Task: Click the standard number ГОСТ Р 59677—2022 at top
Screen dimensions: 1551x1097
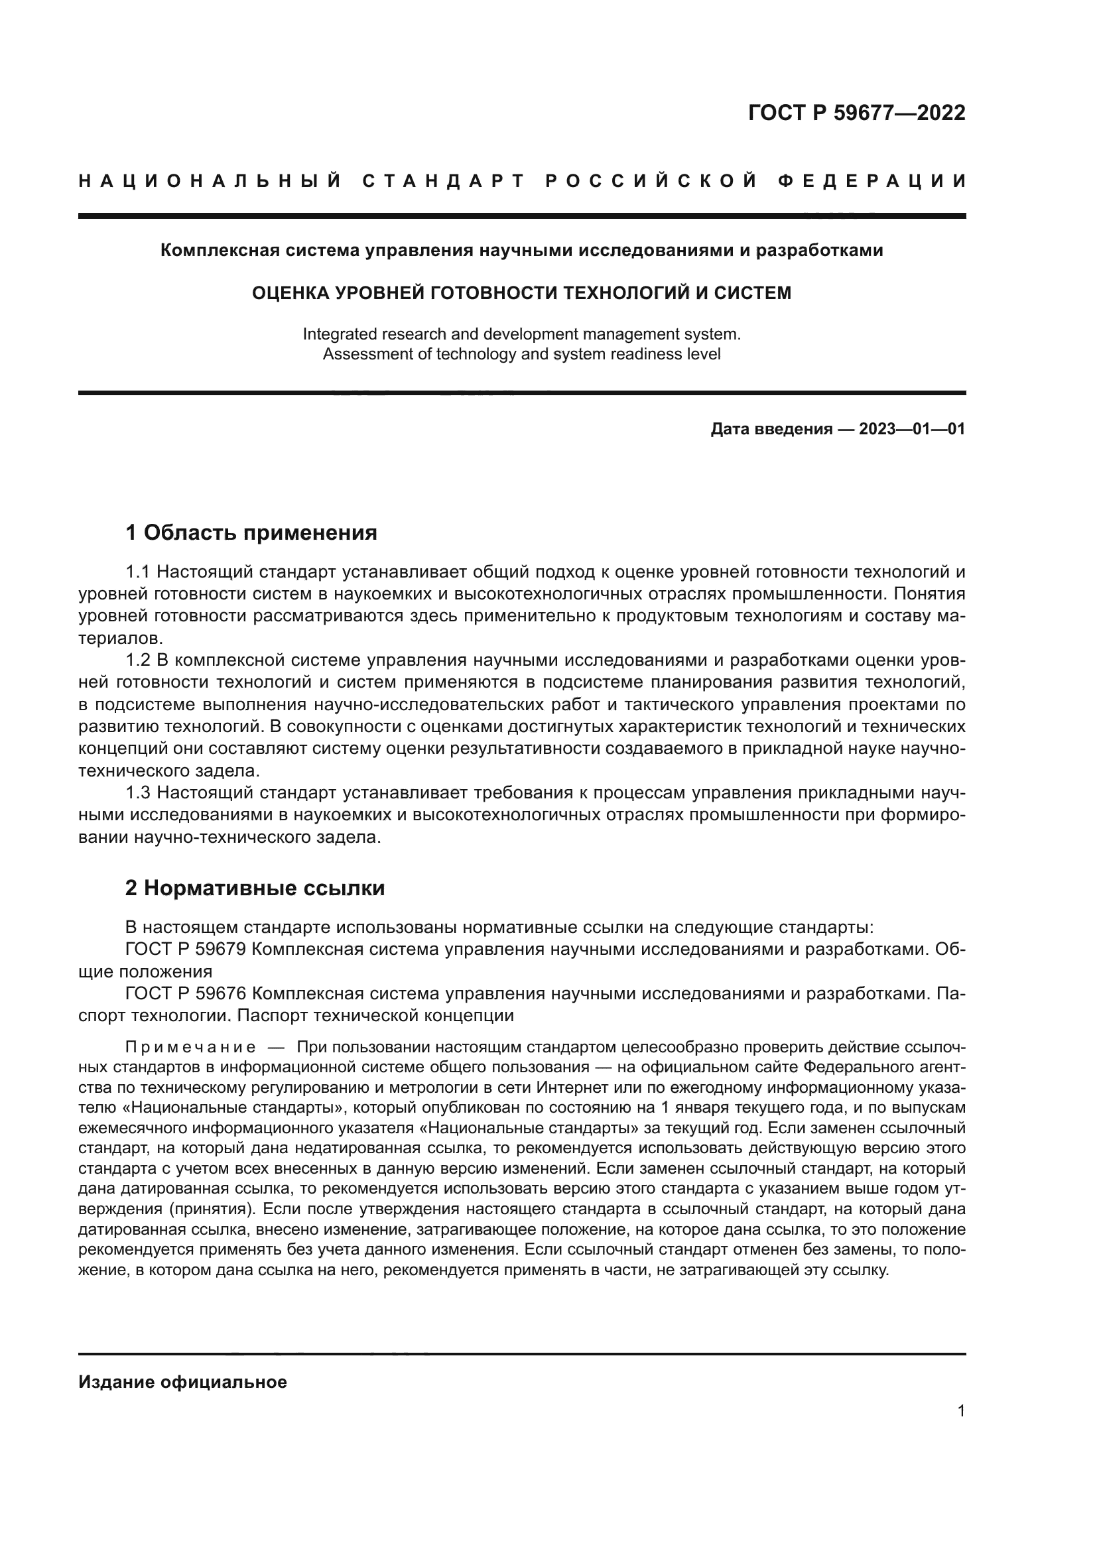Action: coord(856,113)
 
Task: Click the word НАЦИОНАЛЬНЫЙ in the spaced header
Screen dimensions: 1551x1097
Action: coord(210,182)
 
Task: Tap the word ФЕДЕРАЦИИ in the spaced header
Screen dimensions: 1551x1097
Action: coord(872,182)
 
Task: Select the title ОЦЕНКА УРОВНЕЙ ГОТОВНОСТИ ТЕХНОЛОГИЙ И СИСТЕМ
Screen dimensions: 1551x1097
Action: coord(521,293)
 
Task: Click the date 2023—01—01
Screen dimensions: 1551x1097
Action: coord(912,429)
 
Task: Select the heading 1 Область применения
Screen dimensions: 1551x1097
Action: coord(251,533)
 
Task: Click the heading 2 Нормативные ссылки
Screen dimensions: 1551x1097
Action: coord(255,889)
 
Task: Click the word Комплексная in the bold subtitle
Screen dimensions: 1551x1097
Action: coord(214,251)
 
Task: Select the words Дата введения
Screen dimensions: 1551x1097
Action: coord(771,429)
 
